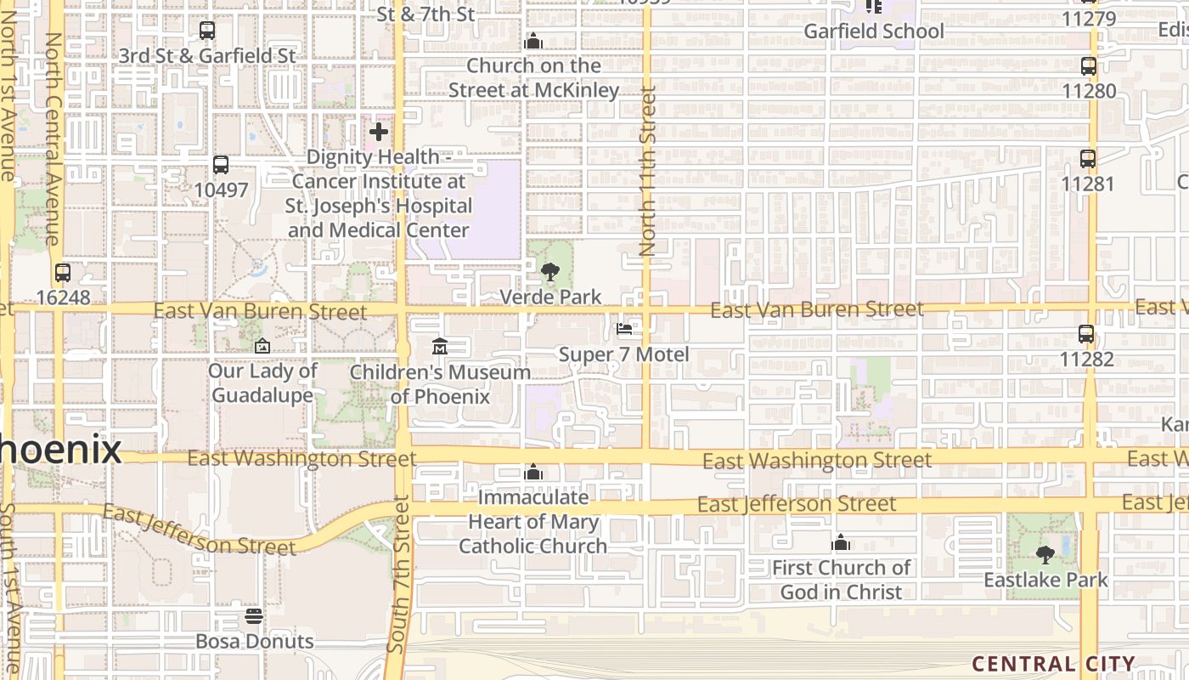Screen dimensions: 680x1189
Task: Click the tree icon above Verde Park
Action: (550, 272)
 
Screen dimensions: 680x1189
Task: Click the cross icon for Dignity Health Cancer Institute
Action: (379, 132)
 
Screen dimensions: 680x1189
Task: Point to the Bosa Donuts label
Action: (255, 641)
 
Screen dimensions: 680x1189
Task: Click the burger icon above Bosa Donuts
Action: (254, 615)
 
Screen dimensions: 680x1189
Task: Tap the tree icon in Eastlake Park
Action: (1045, 555)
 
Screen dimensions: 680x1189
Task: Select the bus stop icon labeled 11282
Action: (1086, 334)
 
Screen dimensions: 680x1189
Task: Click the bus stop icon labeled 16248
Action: (63, 273)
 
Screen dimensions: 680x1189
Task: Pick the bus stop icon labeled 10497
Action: (221, 165)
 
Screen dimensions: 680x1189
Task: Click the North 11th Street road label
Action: (648, 170)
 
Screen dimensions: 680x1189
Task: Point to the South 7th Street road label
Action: (398, 574)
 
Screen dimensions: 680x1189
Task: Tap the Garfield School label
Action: (874, 31)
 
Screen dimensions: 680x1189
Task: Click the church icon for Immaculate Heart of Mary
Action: (533, 472)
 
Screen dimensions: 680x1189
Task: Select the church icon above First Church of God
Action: (841, 542)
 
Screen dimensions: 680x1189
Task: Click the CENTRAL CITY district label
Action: (1053, 664)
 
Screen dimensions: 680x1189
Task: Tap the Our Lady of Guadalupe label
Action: (262, 383)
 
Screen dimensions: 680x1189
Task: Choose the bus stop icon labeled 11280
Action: (1088, 66)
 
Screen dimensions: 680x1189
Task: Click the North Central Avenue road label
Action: (53, 140)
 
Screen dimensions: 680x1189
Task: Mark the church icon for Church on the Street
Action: (533, 40)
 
